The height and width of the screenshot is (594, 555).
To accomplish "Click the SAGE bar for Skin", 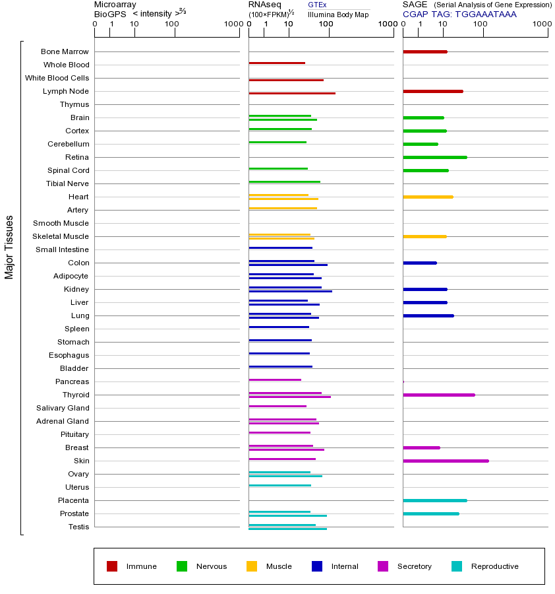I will pos(446,461).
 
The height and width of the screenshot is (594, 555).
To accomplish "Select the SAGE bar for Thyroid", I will pos(438,395).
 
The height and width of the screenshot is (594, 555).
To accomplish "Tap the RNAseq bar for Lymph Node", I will pos(292,93).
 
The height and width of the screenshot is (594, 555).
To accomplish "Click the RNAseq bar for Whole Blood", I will pos(277,63).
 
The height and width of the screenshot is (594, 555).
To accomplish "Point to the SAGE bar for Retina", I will pos(434,157).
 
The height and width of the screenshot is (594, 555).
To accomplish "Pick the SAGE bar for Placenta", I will pos(434,500).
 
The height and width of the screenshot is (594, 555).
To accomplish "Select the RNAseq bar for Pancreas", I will pos(275,379).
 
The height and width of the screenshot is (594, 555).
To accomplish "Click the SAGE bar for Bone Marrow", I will pos(424,51).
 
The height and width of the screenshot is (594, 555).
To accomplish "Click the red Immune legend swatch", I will pos(112,566).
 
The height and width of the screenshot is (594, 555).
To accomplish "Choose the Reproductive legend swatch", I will pos(457,566).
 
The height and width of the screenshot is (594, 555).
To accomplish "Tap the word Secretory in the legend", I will pos(414,566).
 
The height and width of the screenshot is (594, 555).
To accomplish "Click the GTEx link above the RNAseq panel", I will pos(317,5).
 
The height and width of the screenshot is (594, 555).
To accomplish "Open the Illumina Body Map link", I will pos(338,14).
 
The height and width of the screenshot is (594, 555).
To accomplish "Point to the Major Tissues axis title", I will pos(9,247).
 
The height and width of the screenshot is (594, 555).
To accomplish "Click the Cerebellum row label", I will pos(68,144).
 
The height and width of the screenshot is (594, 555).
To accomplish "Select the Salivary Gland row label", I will pos(63,408).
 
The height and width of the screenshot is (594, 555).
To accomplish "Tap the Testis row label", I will pos(78,527).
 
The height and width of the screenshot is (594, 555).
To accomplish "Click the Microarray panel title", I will pos(115,5).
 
